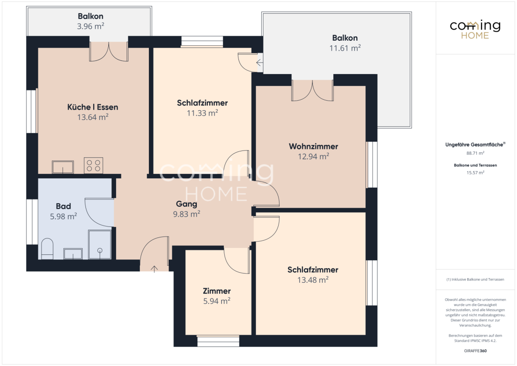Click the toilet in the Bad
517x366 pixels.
tap(47, 249)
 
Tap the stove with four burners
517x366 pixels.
tap(93, 166)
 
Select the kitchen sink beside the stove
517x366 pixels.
tap(63, 167)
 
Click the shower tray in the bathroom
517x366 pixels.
tap(100, 245)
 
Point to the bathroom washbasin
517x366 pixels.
tap(73, 254)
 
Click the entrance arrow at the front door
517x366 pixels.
tap(154, 269)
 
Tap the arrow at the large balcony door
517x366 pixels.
tap(259, 62)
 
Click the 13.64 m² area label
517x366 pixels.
tap(93, 117)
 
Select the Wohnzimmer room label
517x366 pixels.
tap(314, 146)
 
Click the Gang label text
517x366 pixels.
tap(187, 204)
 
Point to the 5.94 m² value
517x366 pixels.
tap(216, 301)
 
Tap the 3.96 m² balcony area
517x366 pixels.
tap(91, 26)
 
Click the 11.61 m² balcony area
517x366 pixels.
tap(345, 48)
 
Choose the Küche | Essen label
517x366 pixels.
tap(93, 107)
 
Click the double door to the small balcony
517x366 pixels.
tap(109, 52)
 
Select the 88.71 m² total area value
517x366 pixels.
tap(475, 153)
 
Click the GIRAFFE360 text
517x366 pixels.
tap(475, 351)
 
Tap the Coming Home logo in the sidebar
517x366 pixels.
tap(475, 30)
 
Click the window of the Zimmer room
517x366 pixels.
tap(218, 341)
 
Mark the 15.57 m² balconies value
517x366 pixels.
tap(475, 172)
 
